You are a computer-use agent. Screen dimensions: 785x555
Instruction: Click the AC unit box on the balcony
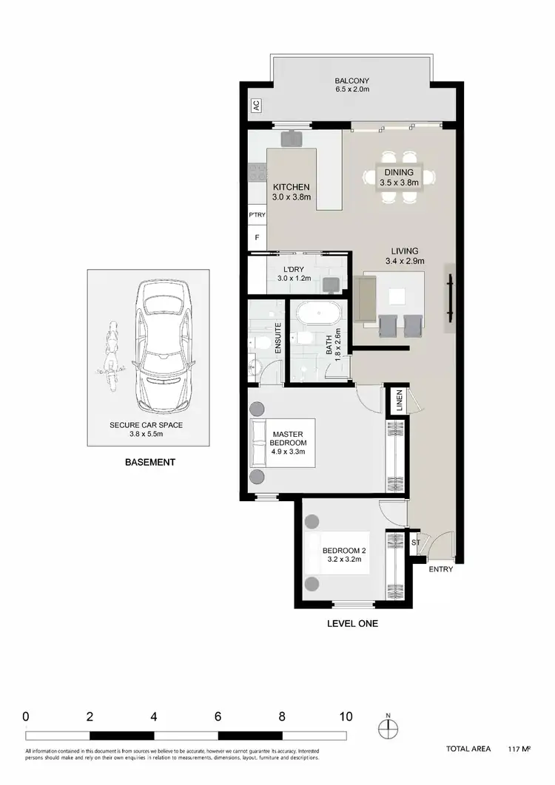pos(256,106)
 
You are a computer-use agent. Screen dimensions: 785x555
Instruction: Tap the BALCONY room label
pos(351,85)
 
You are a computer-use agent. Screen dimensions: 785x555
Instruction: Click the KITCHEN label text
pos(291,192)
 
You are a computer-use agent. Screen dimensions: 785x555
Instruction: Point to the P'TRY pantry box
pos(257,215)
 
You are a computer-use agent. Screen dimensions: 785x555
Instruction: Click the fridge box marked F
pos(257,238)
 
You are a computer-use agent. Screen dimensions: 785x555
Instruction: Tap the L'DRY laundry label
pos(294,273)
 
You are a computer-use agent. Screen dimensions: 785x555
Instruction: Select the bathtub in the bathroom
pos(318,313)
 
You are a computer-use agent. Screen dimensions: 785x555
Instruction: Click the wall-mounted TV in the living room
pos(449,299)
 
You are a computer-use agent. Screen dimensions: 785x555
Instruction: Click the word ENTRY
pos(440,570)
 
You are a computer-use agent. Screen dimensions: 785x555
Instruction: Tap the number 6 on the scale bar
pos(218,716)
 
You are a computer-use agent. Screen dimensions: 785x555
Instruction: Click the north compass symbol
pos(387,729)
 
